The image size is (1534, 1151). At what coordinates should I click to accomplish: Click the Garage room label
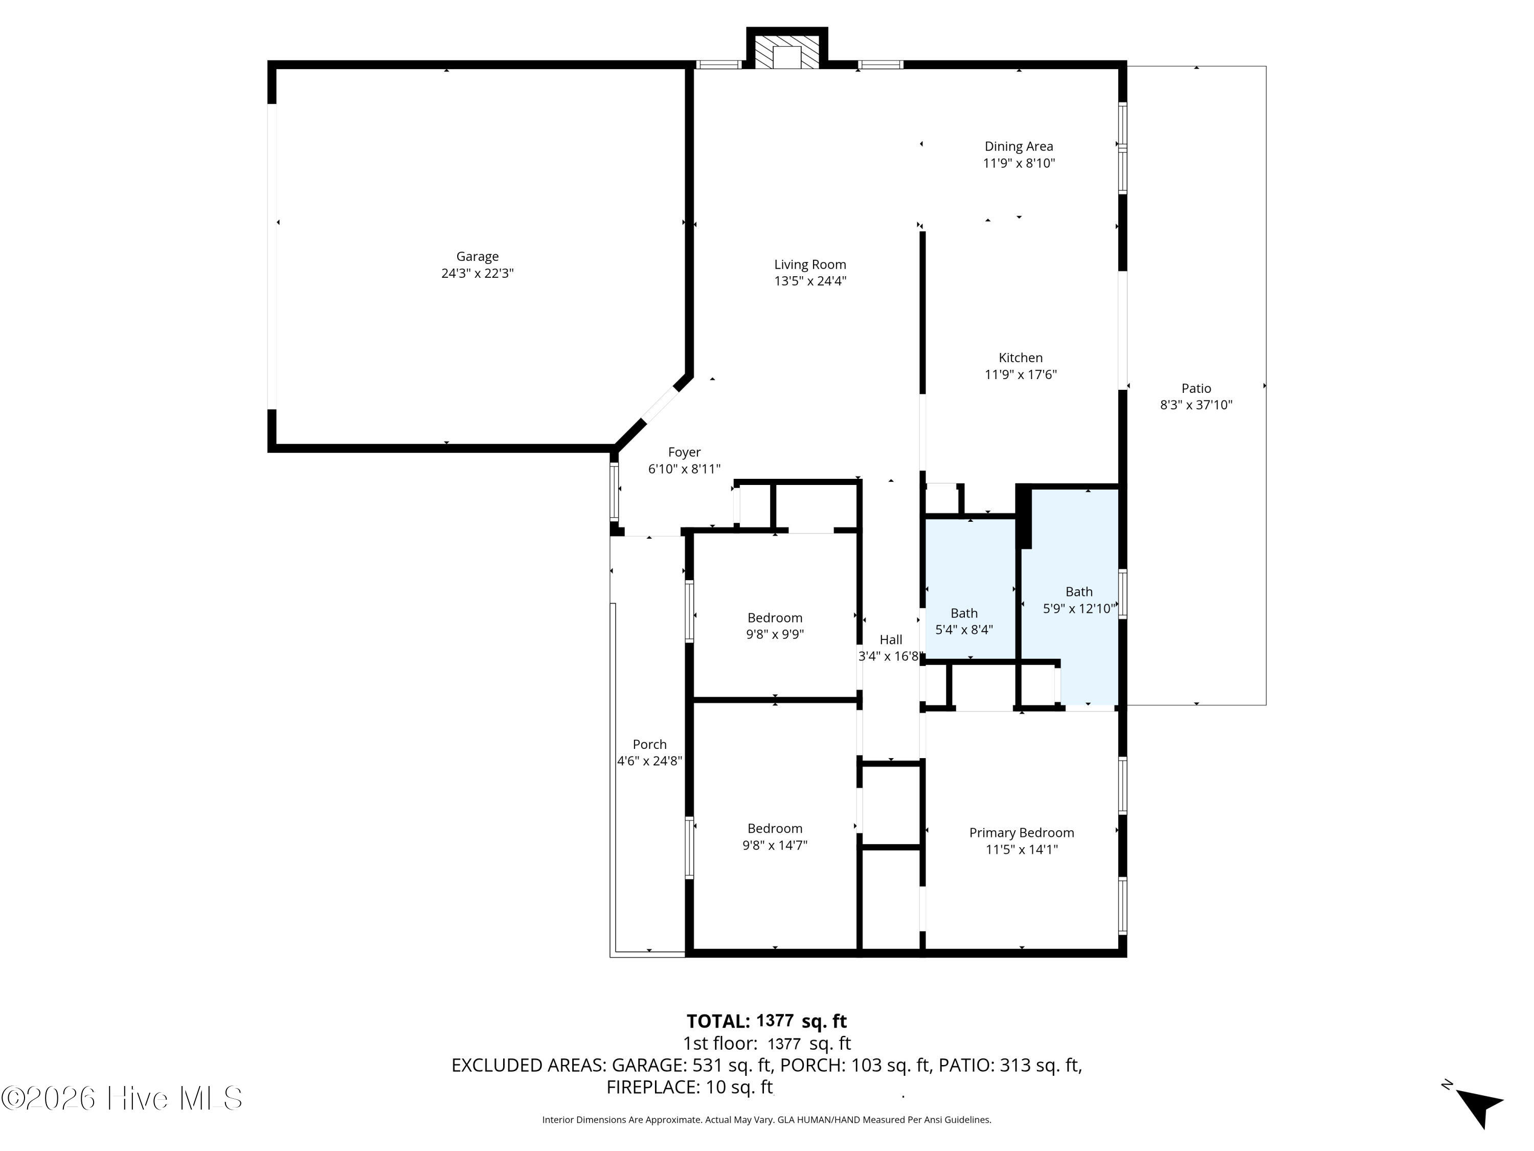(x=477, y=257)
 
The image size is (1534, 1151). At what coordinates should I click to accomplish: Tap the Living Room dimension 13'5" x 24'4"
(x=810, y=281)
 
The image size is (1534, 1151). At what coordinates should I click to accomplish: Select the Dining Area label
(x=1019, y=146)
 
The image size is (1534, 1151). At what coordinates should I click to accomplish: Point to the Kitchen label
(x=1020, y=358)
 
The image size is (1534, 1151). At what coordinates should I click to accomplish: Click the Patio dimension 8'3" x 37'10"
(x=1197, y=405)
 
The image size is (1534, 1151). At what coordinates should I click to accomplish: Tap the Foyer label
(x=685, y=452)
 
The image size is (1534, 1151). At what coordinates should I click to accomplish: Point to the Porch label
(x=650, y=744)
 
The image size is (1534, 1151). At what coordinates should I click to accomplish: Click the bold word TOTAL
(x=718, y=1021)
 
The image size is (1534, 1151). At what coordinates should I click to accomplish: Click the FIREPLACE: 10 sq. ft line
(x=689, y=1087)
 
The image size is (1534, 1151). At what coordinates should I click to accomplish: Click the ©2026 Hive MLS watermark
(x=122, y=1098)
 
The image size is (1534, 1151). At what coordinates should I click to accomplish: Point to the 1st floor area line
(x=767, y=1044)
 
